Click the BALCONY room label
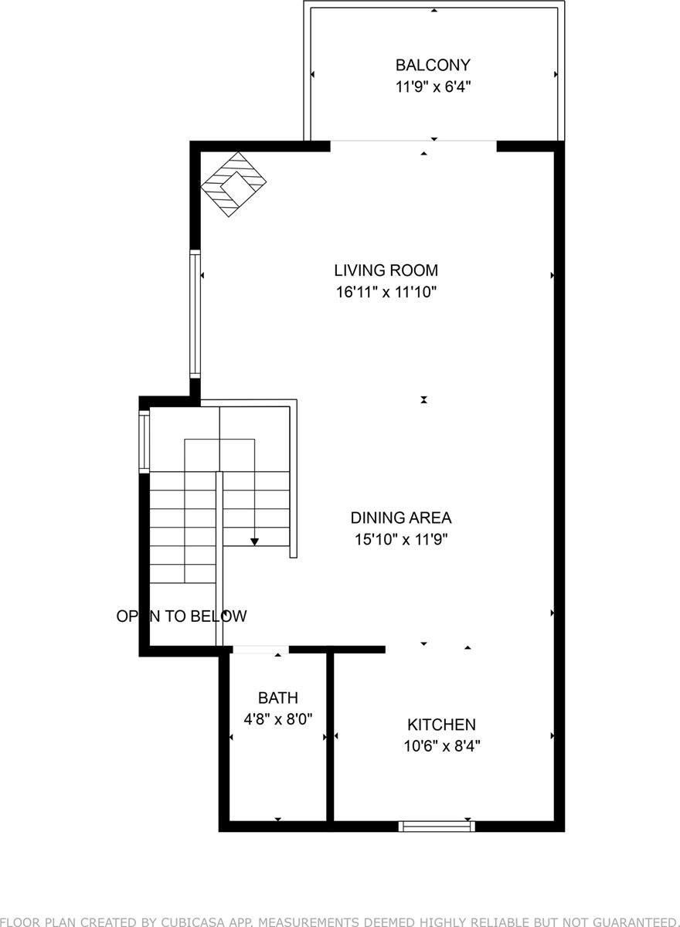point(433,65)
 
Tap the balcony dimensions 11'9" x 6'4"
point(433,87)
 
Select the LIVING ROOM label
point(386,270)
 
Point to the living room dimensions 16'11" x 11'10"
point(386,292)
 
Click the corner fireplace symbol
point(233,185)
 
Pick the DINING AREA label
point(400,518)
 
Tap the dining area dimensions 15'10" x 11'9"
point(400,539)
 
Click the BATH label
point(277,698)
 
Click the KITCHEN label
point(441,725)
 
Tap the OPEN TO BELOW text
point(182,616)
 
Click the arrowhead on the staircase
point(255,542)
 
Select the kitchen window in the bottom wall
point(437,826)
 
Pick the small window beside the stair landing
point(144,441)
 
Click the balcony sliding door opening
point(413,141)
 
